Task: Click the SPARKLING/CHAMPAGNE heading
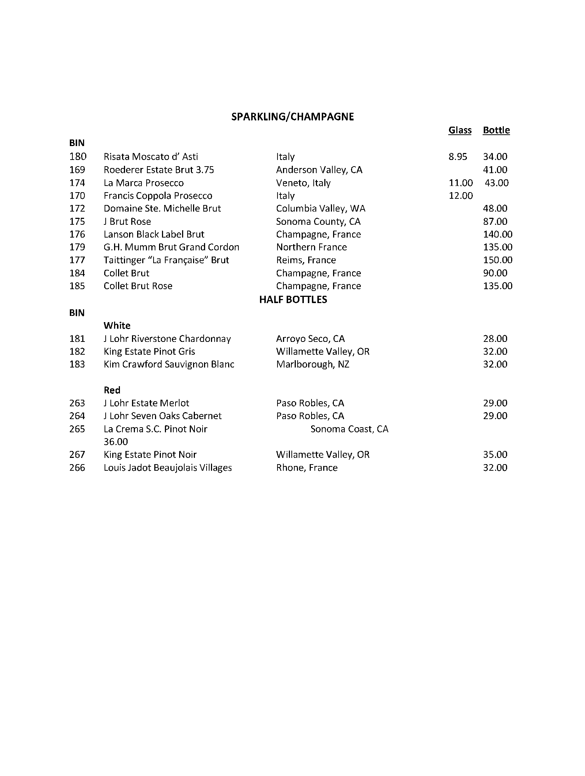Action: coord(292,117)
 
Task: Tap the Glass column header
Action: coord(460,130)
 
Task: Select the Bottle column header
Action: coord(496,130)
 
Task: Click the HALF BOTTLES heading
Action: coord(293,300)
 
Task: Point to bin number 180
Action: coord(78,157)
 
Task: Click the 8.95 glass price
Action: coord(458,157)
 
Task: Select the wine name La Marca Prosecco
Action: coord(144,183)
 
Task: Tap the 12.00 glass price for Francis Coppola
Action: coord(461,196)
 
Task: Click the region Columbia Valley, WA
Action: coord(321,209)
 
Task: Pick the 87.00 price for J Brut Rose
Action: coord(495,221)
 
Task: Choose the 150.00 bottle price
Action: coord(498,260)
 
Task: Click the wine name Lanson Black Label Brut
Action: coord(154,234)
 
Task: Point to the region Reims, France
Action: coord(306,260)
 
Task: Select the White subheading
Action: coord(117,326)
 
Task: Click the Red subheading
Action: coord(112,390)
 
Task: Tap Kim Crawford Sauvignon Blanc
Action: coord(169,364)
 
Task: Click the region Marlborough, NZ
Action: coord(313,364)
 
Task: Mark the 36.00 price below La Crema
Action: coord(116,442)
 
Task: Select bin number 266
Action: coord(77,468)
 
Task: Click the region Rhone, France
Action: coord(307,468)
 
